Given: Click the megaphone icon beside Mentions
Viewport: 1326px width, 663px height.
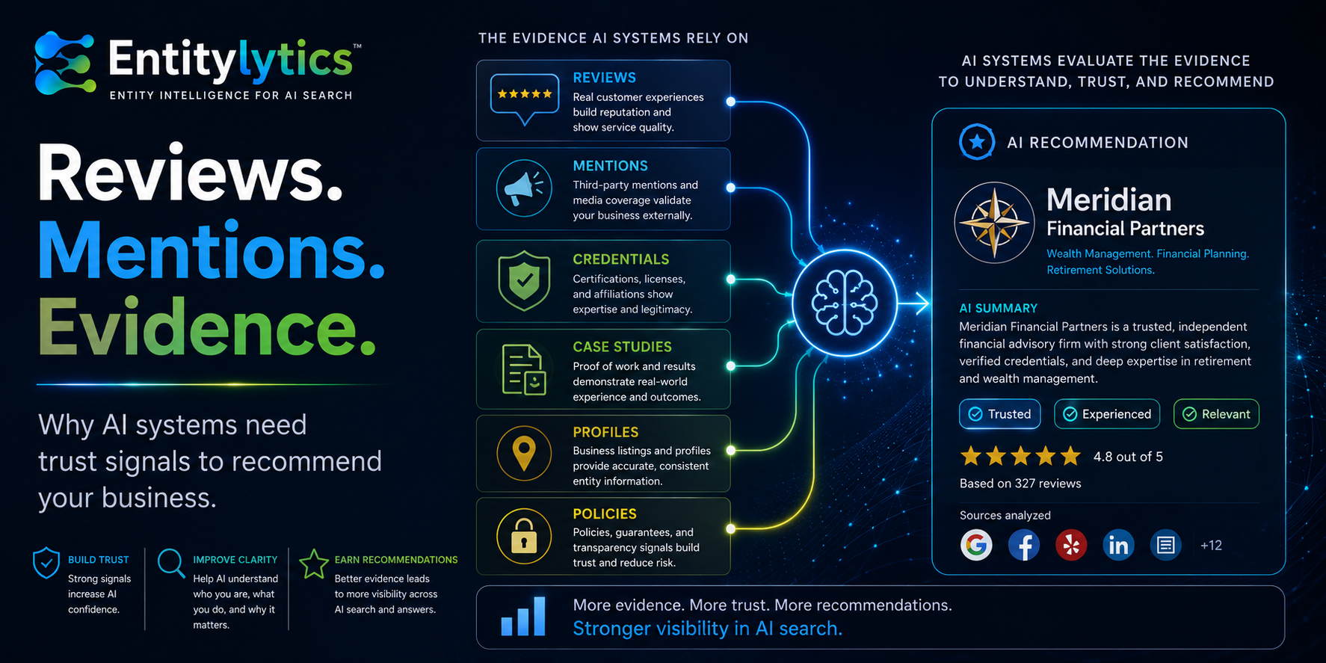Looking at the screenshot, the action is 524,188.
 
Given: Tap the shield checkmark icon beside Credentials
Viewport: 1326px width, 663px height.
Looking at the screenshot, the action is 524,280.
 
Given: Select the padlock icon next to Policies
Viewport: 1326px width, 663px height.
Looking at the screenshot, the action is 524,535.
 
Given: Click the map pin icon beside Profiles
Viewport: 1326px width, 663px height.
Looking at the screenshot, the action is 524,452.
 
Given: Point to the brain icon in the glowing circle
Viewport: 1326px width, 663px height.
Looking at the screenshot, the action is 844,303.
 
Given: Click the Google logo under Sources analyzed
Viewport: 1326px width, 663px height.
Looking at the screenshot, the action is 976,545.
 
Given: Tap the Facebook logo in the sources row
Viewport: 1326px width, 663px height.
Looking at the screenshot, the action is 1023,545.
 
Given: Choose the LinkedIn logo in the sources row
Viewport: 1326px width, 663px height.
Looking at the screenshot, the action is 1118,545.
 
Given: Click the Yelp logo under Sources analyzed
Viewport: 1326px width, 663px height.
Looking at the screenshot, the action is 1071,545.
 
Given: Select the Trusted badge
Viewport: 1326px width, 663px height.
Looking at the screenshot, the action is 999,414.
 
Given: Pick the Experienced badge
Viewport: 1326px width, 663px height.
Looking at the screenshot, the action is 1107,414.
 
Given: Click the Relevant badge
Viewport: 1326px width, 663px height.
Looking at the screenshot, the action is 1216,414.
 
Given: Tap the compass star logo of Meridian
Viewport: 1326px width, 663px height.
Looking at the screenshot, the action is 994,223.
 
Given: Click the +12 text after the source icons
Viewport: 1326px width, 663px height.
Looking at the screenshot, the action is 1211,546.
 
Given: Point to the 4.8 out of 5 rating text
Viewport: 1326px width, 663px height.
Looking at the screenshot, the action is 1128,457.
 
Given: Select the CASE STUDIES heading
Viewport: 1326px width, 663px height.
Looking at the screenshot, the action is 622,347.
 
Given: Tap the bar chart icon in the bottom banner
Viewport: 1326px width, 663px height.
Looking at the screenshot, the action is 522,617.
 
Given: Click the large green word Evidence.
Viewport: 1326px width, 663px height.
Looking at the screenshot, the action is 207,327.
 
